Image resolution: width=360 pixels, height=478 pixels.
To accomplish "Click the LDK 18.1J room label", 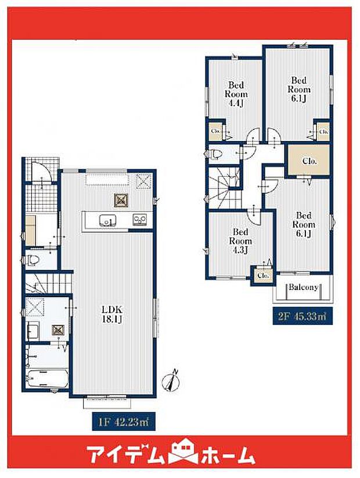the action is click(112, 314).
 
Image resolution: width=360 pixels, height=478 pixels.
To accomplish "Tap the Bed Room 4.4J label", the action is click(236, 94).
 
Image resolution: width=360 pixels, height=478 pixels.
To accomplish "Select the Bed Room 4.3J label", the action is click(240, 241).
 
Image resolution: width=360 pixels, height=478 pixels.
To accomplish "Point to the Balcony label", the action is click(304, 287).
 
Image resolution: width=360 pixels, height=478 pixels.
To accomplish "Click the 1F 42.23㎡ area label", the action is click(124, 422).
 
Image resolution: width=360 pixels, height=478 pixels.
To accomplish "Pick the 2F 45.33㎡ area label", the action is click(303, 316).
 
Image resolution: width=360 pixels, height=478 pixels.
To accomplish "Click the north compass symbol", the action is click(171, 380).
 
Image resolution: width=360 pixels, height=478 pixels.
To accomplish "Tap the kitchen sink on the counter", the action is click(107, 220).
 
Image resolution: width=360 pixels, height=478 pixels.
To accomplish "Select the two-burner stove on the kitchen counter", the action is click(140, 220).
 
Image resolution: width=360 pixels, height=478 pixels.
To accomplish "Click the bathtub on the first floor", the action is click(47, 379).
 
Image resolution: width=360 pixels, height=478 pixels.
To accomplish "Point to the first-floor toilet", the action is click(33, 260).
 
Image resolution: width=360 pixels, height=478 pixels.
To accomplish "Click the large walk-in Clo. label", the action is click(309, 161).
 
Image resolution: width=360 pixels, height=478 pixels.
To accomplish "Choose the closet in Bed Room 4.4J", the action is click(215, 131).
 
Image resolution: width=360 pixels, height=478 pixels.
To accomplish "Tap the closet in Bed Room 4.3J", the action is click(263, 276).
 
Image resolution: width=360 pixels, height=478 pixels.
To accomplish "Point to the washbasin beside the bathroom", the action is click(33, 331).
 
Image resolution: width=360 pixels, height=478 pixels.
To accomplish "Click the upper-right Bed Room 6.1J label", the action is click(299, 89).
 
